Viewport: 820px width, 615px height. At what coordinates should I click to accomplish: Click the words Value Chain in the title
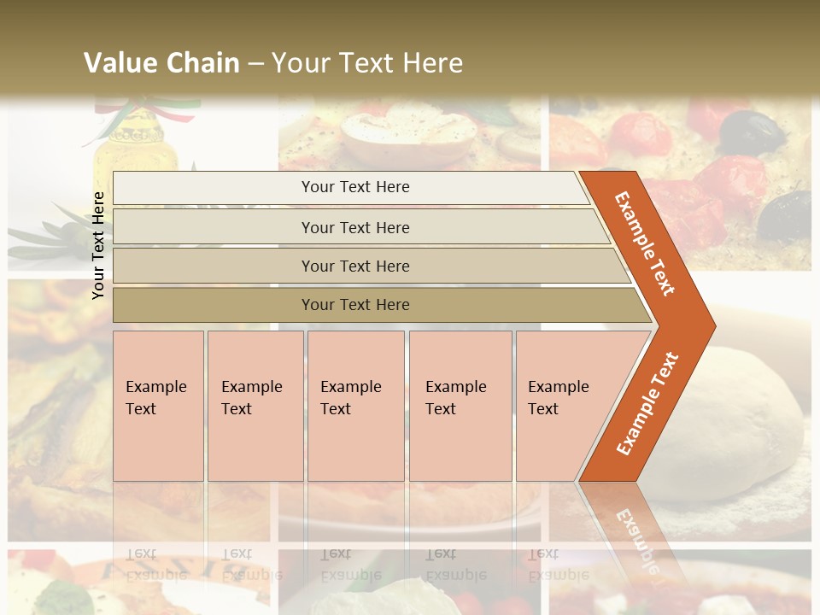coord(161,62)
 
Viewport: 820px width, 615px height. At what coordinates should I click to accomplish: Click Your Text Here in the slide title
coord(367,62)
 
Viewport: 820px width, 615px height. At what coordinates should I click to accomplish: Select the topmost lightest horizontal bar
coord(354,187)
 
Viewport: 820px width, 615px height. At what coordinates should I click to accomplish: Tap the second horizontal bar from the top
coord(354,227)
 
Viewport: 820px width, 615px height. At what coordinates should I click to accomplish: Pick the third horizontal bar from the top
coord(354,266)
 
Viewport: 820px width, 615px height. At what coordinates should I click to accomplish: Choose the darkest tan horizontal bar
coord(354,305)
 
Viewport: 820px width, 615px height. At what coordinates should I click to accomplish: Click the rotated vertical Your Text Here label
coord(99,245)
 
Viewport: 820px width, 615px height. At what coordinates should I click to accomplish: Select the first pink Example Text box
coord(158,406)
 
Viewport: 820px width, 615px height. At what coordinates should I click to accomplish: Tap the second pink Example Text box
coord(255,406)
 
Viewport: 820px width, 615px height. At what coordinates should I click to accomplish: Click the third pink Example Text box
coord(355,406)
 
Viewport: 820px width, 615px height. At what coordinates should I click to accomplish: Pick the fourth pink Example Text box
coord(460,406)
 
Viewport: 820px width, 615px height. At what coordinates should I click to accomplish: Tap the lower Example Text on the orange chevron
coord(647,403)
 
